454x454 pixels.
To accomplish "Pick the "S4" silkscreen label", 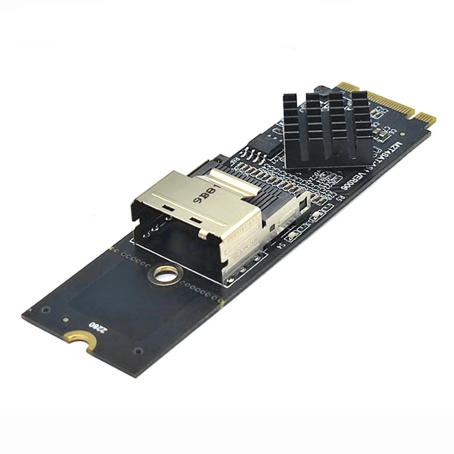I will (x=282, y=246).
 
